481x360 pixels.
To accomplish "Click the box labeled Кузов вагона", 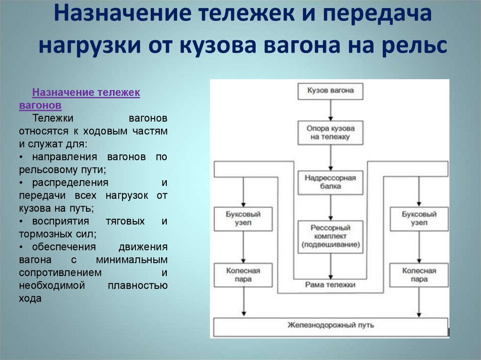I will tap(331, 91).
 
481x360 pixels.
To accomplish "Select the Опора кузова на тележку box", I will tap(331, 132).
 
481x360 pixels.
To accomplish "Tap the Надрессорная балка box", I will tap(331, 182).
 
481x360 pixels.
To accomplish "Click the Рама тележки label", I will tap(331, 285).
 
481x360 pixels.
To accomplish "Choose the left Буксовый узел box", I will tap(243, 218).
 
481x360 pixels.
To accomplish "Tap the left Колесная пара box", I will tap(243, 275).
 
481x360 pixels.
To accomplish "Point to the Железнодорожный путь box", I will tap(331, 325).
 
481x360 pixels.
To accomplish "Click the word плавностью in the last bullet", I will tap(138, 285).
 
